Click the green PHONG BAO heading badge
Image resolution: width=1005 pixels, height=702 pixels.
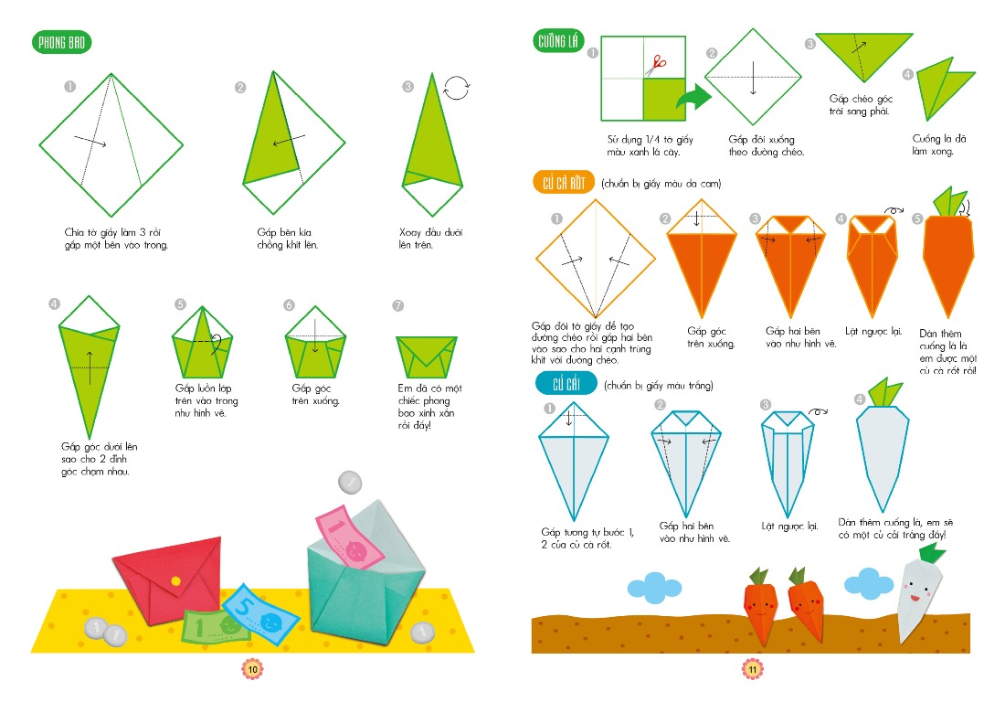61,42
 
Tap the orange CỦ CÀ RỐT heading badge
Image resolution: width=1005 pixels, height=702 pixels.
564,184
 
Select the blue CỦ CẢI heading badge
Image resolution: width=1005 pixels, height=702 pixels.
566,383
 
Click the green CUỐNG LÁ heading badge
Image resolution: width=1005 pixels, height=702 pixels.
557,42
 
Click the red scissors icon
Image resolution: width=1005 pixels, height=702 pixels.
656,66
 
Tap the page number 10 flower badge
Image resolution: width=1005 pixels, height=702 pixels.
252,669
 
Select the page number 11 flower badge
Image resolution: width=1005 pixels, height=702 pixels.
753,669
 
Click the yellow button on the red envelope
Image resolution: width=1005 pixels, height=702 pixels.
175,580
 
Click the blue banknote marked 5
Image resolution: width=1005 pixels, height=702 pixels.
260,614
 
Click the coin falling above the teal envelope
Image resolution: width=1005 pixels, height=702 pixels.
350,482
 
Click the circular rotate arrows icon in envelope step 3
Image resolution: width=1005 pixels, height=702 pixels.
456,88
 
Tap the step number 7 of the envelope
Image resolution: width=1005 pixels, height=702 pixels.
398,306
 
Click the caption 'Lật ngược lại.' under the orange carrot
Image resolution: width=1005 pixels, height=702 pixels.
873,332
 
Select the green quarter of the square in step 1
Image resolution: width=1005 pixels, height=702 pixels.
664,99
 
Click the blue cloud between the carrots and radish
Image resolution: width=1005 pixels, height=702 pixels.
869,583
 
